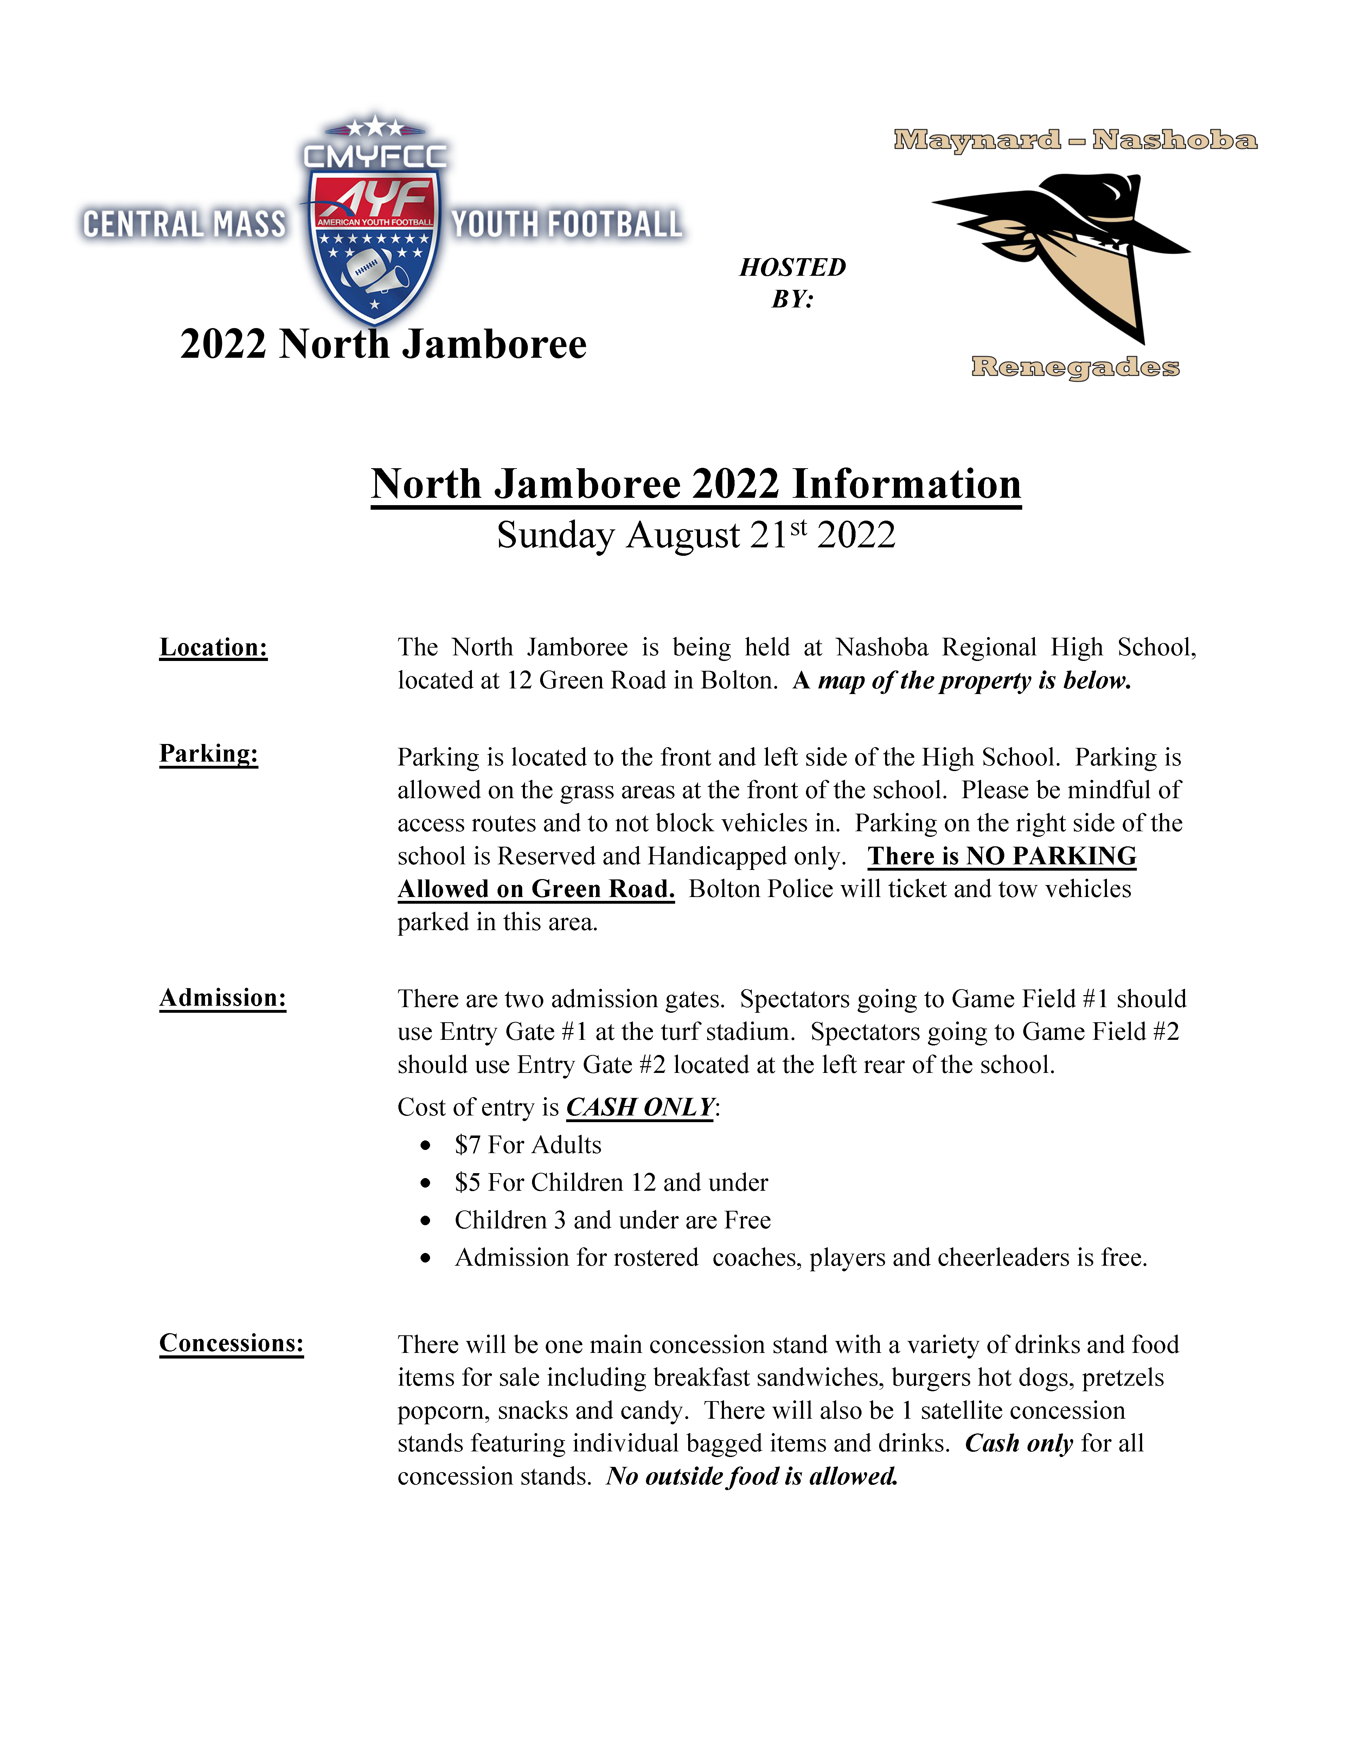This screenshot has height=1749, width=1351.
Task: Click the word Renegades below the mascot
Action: click(x=1075, y=367)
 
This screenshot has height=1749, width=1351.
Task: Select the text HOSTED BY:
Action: click(x=792, y=283)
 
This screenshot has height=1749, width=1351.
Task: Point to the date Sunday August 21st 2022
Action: click(x=696, y=535)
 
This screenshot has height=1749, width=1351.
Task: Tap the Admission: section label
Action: click(x=223, y=998)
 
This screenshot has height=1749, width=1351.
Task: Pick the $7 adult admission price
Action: click(x=467, y=1145)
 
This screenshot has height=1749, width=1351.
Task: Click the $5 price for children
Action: click(x=467, y=1183)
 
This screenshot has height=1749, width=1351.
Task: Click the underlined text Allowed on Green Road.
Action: click(x=536, y=889)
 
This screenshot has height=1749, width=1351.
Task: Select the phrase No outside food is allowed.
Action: click(x=753, y=1476)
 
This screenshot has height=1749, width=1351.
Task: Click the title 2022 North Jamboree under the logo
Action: click(x=383, y=344)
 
